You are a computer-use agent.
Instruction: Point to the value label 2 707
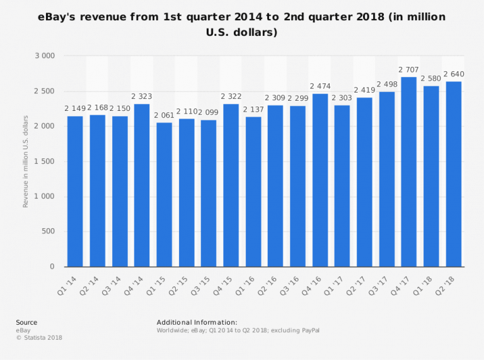(x=409, y=69)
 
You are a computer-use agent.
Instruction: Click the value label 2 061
(x=164, y=115)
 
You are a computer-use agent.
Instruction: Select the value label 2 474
(x=320, y=86)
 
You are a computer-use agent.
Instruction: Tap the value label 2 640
(x=453, y=74)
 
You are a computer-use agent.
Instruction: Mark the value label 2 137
(x=253, y=109)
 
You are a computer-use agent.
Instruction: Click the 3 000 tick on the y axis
(x=44, y=56)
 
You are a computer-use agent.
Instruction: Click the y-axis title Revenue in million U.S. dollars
(x=26, y=161)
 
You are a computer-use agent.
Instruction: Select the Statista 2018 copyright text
(x=39, y=337)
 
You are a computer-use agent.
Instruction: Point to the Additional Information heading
(x=197, y=322)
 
